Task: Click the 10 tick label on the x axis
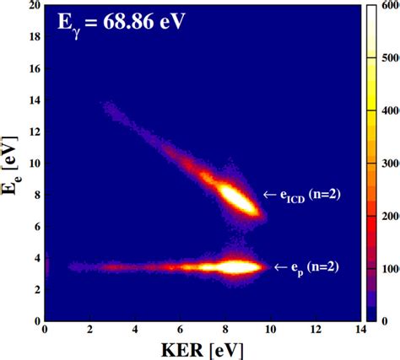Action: pyautogui.click(x=271, y=331)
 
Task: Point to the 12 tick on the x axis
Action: pyautogui.click(x=316, y=331)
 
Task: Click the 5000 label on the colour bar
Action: pyautogui.click(x=390, y=59)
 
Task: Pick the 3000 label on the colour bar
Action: pyautogui.click(x=390, y=164)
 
